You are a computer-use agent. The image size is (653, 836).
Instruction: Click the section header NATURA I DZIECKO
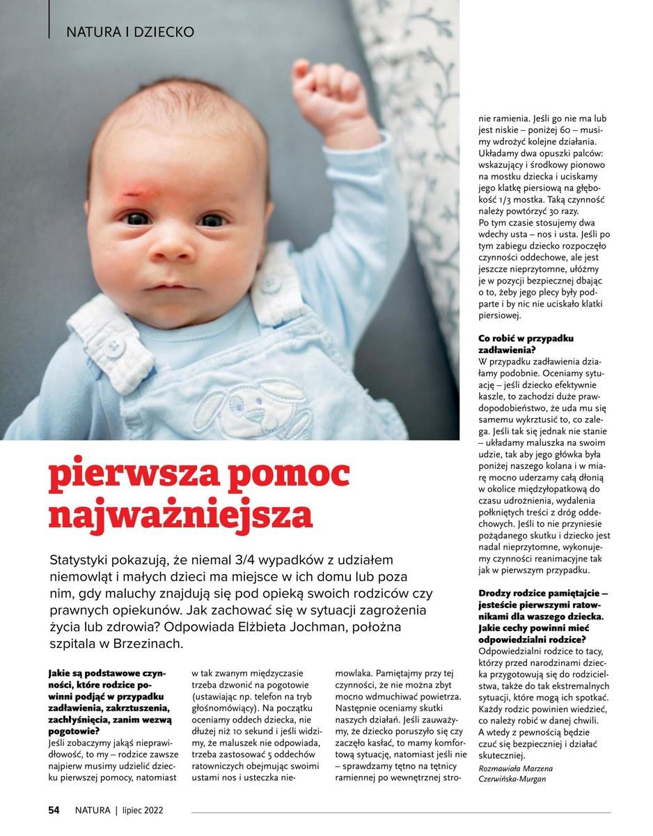(129, 32)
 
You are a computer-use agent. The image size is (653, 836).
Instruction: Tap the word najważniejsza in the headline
(180, 515)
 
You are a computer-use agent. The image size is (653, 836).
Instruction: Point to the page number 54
(54, 810)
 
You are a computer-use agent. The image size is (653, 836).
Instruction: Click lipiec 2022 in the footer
(142, 810)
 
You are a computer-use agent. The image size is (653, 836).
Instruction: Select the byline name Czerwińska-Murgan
(512, 778)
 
